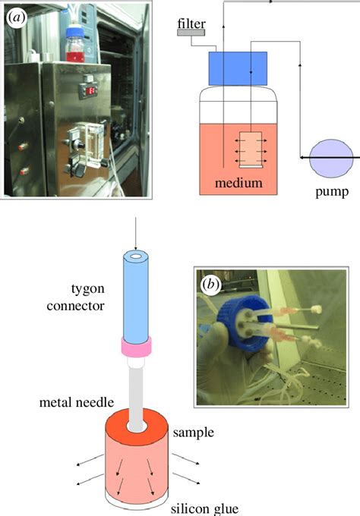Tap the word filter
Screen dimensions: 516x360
[x=191, y=24]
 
